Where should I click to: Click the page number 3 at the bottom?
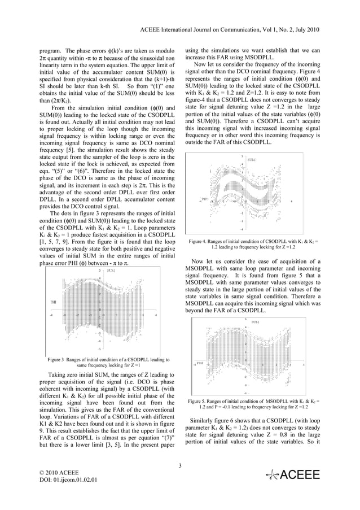click(x=179, y=465)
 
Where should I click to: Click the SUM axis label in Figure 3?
click(x=111, y=271)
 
